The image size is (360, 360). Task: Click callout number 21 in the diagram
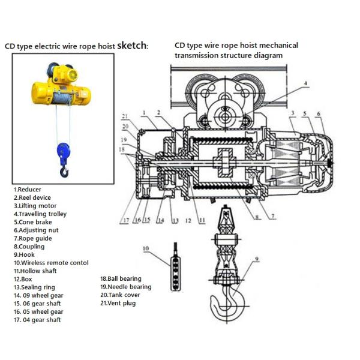125,115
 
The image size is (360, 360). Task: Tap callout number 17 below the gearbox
125,221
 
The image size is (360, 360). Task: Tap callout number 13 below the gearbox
175,221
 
